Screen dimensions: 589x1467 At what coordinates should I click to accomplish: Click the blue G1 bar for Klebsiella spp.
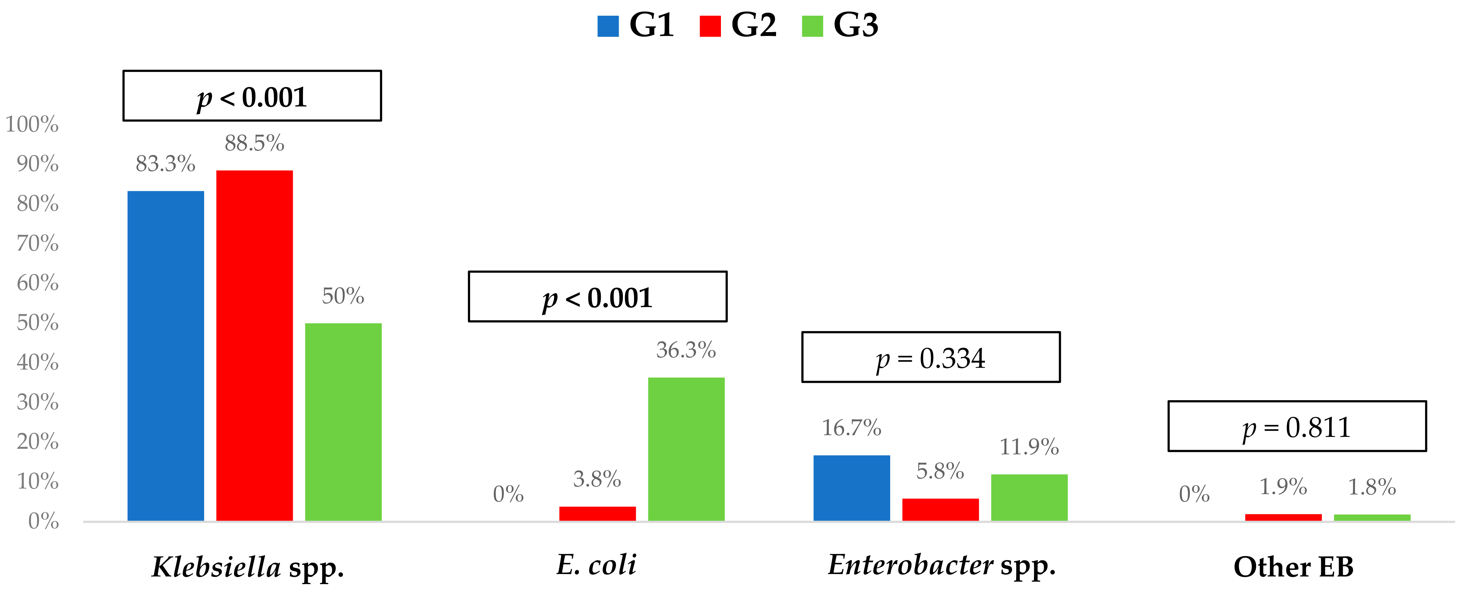pos(166,356)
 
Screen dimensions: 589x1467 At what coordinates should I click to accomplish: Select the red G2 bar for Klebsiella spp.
pos(254,345)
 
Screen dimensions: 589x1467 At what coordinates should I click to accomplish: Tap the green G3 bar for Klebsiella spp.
pos(343,422)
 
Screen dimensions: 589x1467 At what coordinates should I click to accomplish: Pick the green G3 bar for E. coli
pos(686,449)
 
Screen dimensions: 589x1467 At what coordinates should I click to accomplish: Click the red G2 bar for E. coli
pos(597,513)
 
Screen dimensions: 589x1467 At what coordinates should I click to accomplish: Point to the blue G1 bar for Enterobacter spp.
pos(851,487)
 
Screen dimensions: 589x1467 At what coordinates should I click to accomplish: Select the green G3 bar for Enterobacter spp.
pos(1029,497)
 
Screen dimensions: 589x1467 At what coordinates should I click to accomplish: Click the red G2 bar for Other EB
pos(1283,517)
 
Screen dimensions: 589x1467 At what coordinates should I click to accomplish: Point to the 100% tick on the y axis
pos(32,124)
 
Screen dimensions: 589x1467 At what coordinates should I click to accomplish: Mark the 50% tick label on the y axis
pos(38,322)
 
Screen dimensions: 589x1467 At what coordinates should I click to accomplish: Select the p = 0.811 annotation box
pos(1297,426)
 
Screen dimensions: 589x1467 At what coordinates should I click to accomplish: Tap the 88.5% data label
pos(254,143)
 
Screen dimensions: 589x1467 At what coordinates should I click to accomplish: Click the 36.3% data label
pos(686,350)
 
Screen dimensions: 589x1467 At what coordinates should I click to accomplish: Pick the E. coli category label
pos(596,565)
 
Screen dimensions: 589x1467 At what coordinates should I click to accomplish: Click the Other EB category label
pos(1293,567)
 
